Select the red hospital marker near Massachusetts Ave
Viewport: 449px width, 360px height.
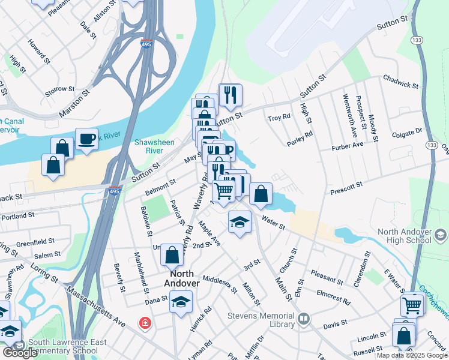(145, 323)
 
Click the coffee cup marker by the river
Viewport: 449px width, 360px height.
(86, 139)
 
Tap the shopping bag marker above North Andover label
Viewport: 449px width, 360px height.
(172, 254)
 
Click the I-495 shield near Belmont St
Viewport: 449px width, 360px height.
(114, 191)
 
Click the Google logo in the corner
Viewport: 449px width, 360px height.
(19, 353)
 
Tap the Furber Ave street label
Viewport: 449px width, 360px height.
(347, 145)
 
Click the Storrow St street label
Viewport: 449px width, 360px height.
(59, 91)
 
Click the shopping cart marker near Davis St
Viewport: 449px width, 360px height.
(413, 305)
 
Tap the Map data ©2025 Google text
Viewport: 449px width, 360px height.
(411, 355)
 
